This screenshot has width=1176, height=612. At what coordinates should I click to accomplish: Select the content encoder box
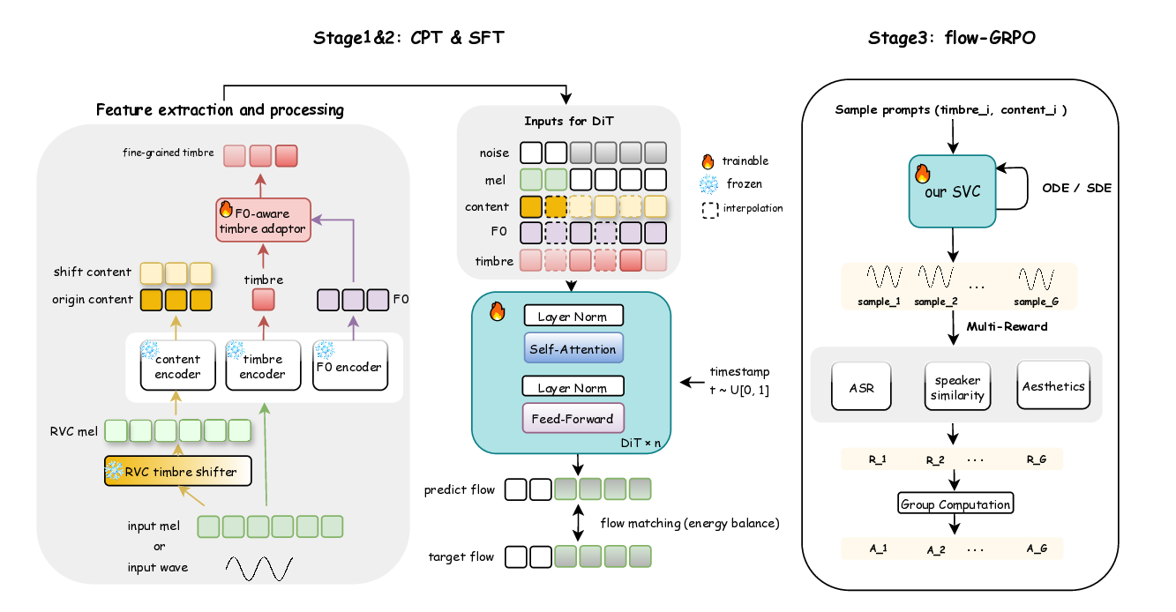(x=177, y=365)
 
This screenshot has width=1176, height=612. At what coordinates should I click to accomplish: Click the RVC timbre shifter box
(x=177, y=471)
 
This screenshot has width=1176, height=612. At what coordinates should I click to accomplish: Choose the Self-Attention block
(x=573, y=348)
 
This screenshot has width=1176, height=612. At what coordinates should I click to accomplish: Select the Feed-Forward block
(x=573, y=417)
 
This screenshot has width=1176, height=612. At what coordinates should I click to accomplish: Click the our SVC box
(x=953, y=191)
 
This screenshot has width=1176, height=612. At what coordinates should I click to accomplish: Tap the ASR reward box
(x=861, y=385)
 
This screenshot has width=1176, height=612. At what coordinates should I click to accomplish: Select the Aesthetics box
(x=1053, y=385)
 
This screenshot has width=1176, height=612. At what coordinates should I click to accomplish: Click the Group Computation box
(x=955, y=504)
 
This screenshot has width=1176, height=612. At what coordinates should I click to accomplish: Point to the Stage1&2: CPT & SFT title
(x=409, y=38)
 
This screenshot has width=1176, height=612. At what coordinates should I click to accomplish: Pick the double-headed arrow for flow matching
(x=578, y=522)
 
